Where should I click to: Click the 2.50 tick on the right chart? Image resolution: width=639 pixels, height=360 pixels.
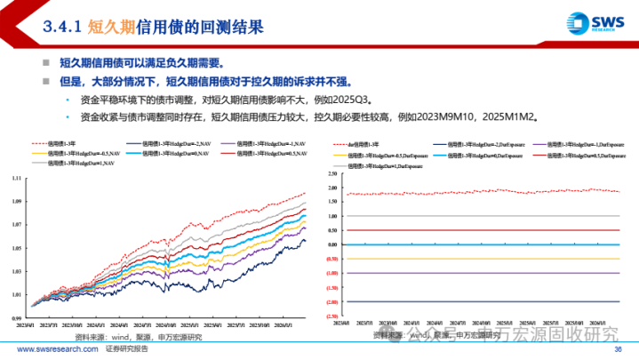click(332, 173)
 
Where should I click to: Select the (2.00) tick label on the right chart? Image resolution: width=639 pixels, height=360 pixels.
click(331, 301)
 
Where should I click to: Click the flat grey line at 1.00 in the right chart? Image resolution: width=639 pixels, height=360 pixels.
click(480, 216)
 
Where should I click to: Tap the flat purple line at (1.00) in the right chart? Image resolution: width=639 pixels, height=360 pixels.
click(480, 273)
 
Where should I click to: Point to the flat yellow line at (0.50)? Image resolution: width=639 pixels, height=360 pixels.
click(480, 259)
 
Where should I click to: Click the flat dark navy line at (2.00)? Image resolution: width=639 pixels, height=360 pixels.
click(480, 301)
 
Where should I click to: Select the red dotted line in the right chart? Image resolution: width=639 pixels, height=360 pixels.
click(480, 192)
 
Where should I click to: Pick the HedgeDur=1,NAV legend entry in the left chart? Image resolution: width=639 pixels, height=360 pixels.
click(75, 164)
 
